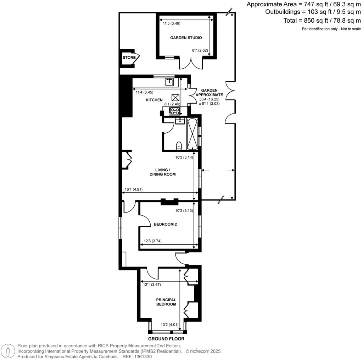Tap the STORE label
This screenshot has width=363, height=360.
[129, 58]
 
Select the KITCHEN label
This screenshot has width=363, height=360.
[154, 100]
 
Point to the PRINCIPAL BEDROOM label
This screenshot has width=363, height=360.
[166, 302]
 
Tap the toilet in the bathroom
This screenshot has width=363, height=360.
[179, 145]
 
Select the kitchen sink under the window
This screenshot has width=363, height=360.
[169, 82]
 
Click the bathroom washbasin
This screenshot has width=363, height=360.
[179, 121]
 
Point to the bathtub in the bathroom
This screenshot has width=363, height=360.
[192, 134]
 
